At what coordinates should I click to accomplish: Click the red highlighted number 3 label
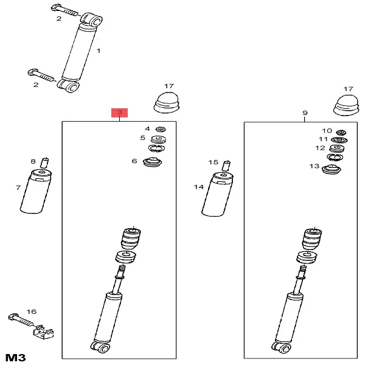119,113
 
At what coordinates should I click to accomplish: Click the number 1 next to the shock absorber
99,52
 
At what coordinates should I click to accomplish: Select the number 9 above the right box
305,113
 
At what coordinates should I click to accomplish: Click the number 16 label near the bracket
31,311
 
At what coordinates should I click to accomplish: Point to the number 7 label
18,189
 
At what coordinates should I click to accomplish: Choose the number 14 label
199,187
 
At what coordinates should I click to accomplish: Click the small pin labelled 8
44,162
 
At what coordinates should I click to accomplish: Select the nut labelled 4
161,129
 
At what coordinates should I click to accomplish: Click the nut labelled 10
341,132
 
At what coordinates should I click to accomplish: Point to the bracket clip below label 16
43,332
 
